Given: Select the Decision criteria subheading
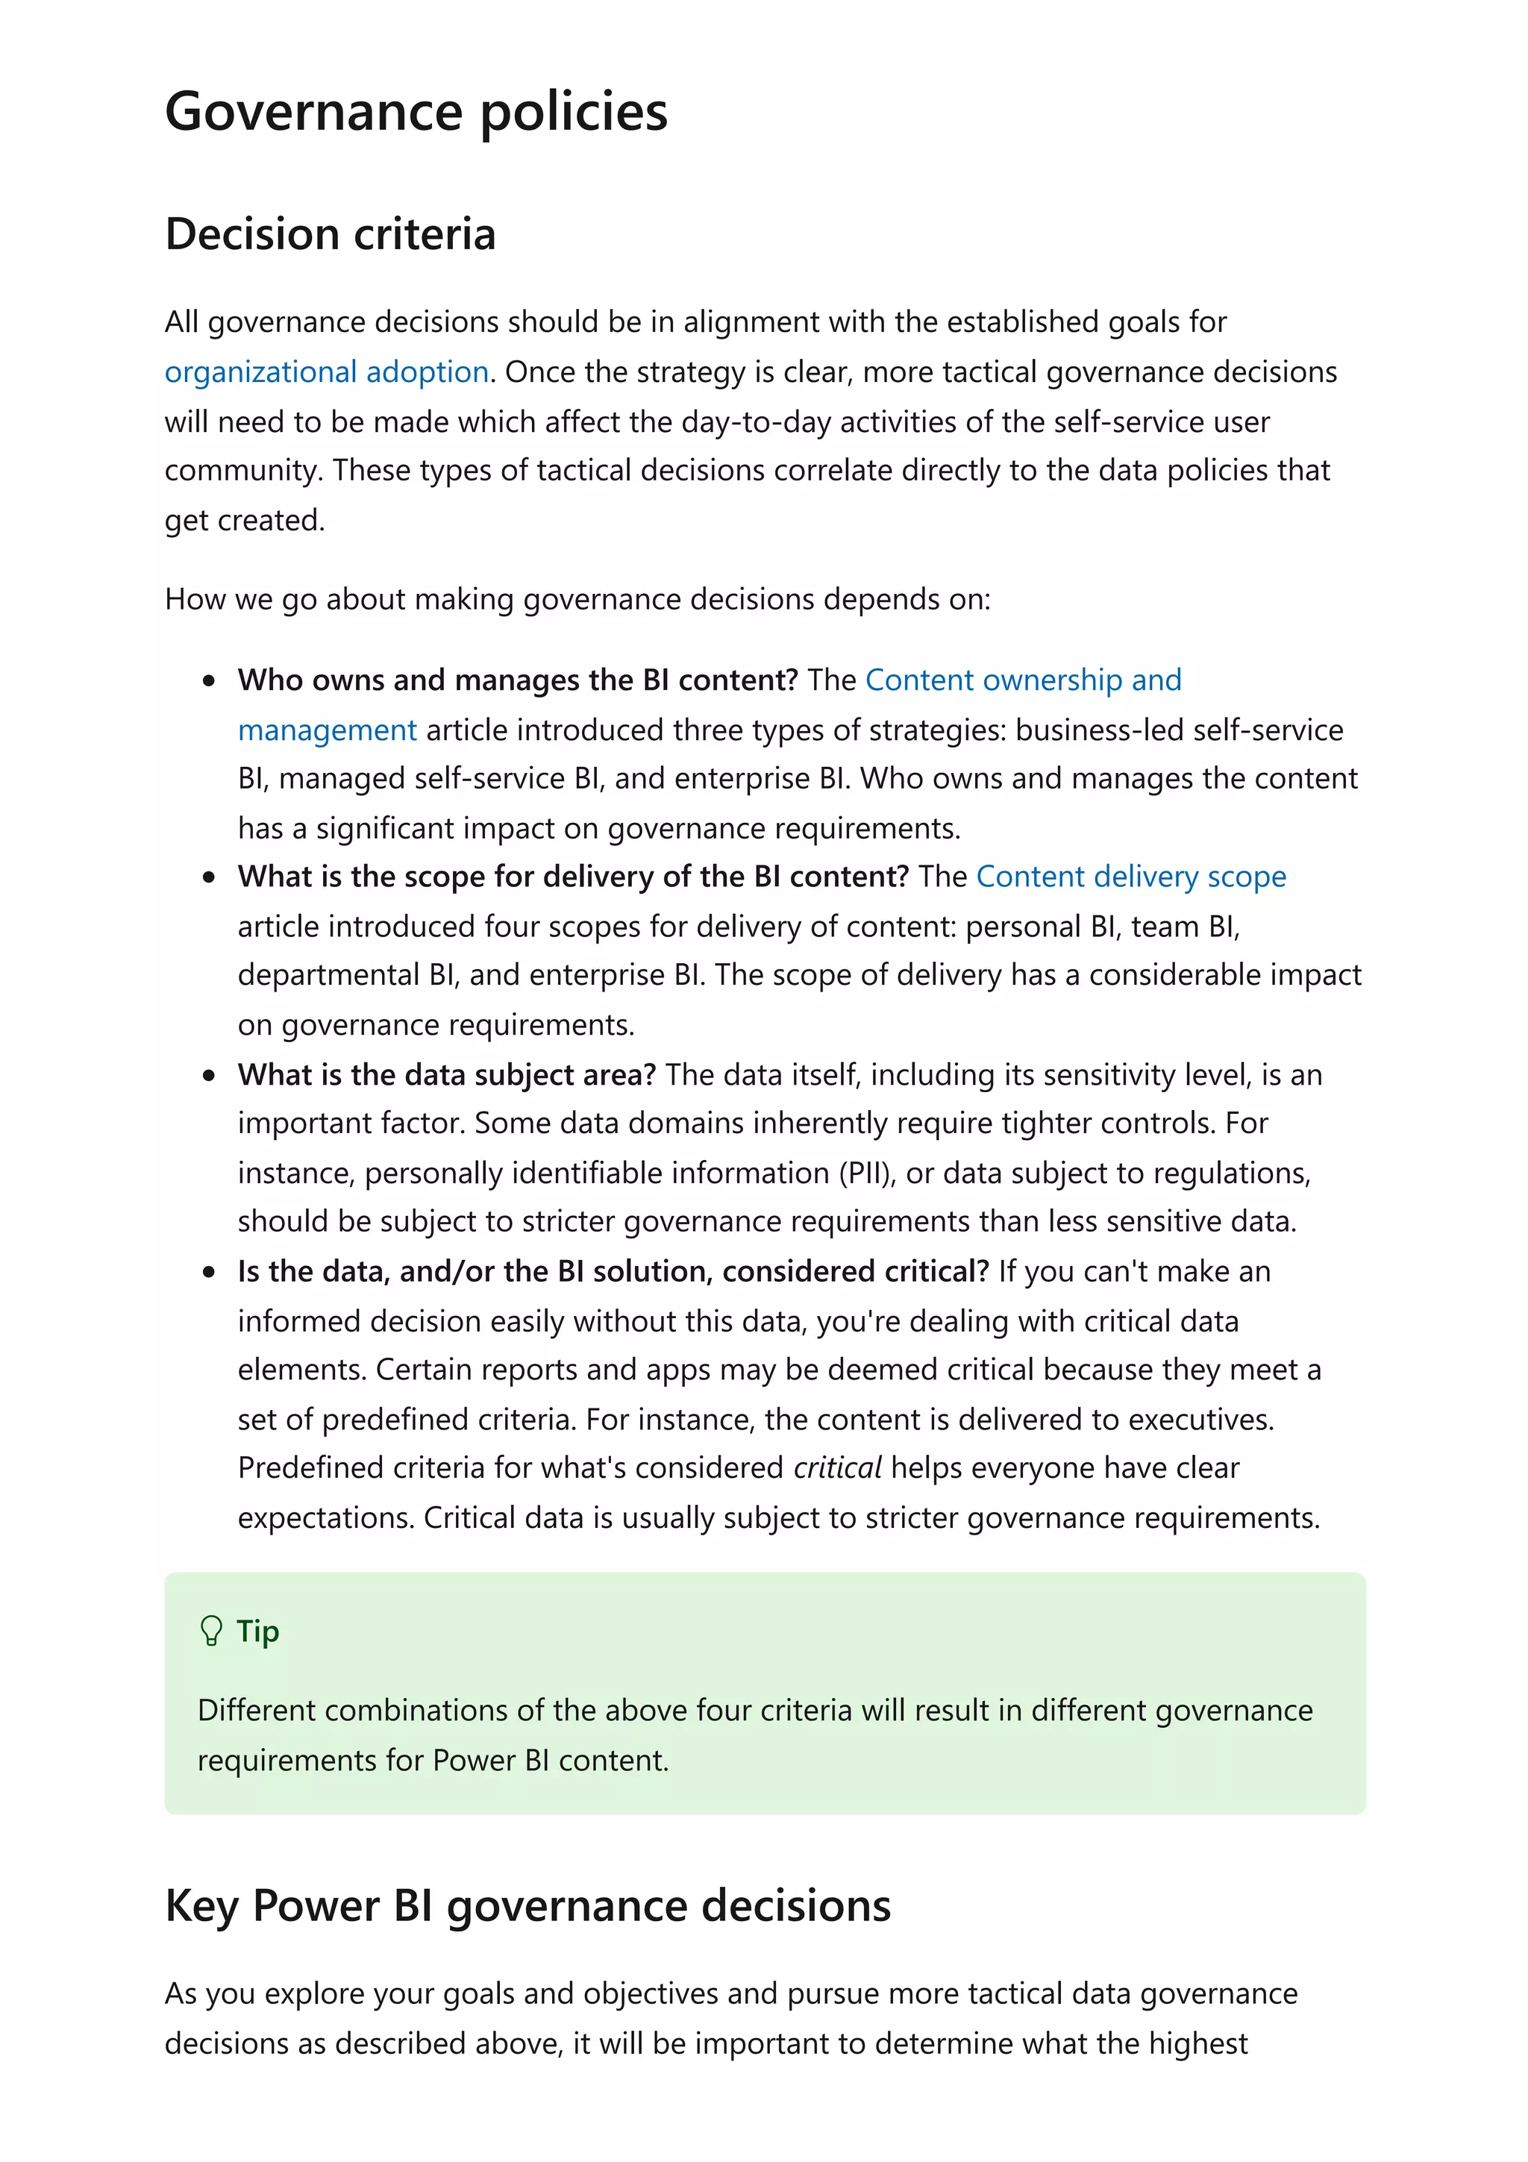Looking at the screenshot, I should tap(330, 234).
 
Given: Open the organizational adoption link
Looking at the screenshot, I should tap(326, 372).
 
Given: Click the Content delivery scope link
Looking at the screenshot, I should tap(1130, 877).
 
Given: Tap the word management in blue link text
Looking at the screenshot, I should tap(327, 730).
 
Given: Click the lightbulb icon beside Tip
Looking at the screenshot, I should tap(211, 1631).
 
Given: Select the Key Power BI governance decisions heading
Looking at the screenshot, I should tap(527, 1906).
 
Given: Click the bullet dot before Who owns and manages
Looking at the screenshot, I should tap(209, 681).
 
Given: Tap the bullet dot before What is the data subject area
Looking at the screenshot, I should tap(209, 1075).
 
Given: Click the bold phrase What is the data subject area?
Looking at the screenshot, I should tap(446, 1074).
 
